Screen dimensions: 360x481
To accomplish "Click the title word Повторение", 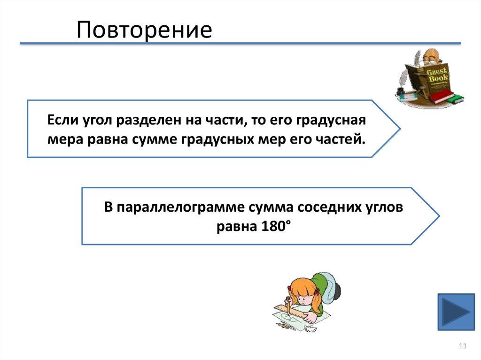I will [x=144, y=30].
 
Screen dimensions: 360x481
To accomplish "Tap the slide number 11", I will [x=462, y=346].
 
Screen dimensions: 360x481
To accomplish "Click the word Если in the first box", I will [x=62, y=120].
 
